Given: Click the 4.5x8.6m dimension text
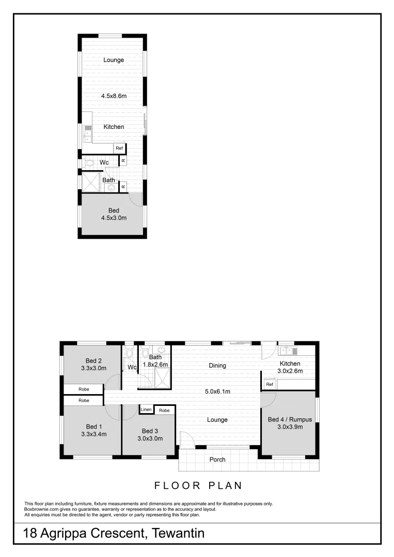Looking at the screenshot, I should point(114,96).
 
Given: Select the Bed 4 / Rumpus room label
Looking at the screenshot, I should point(290,420).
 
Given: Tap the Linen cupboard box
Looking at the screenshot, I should point(146,410).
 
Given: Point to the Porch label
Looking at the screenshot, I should point(217,460).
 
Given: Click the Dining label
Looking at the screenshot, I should point(217,366).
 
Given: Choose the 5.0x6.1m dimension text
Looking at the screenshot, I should point(217,391).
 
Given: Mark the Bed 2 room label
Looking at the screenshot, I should point(93,361).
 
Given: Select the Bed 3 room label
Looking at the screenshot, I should point(149,431).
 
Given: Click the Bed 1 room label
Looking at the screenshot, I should point(93,427).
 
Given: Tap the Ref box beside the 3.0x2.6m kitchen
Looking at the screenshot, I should point(269,385).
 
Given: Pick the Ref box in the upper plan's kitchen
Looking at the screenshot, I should point(119,149).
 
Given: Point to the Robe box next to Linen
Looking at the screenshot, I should point(164,411).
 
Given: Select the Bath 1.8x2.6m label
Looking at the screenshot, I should point(155,357).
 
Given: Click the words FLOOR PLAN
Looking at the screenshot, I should point(198,485).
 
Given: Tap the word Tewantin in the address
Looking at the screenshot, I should point(178,533).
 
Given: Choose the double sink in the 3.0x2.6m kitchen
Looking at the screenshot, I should point(289,351).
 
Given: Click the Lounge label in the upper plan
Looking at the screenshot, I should point(114,60).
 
